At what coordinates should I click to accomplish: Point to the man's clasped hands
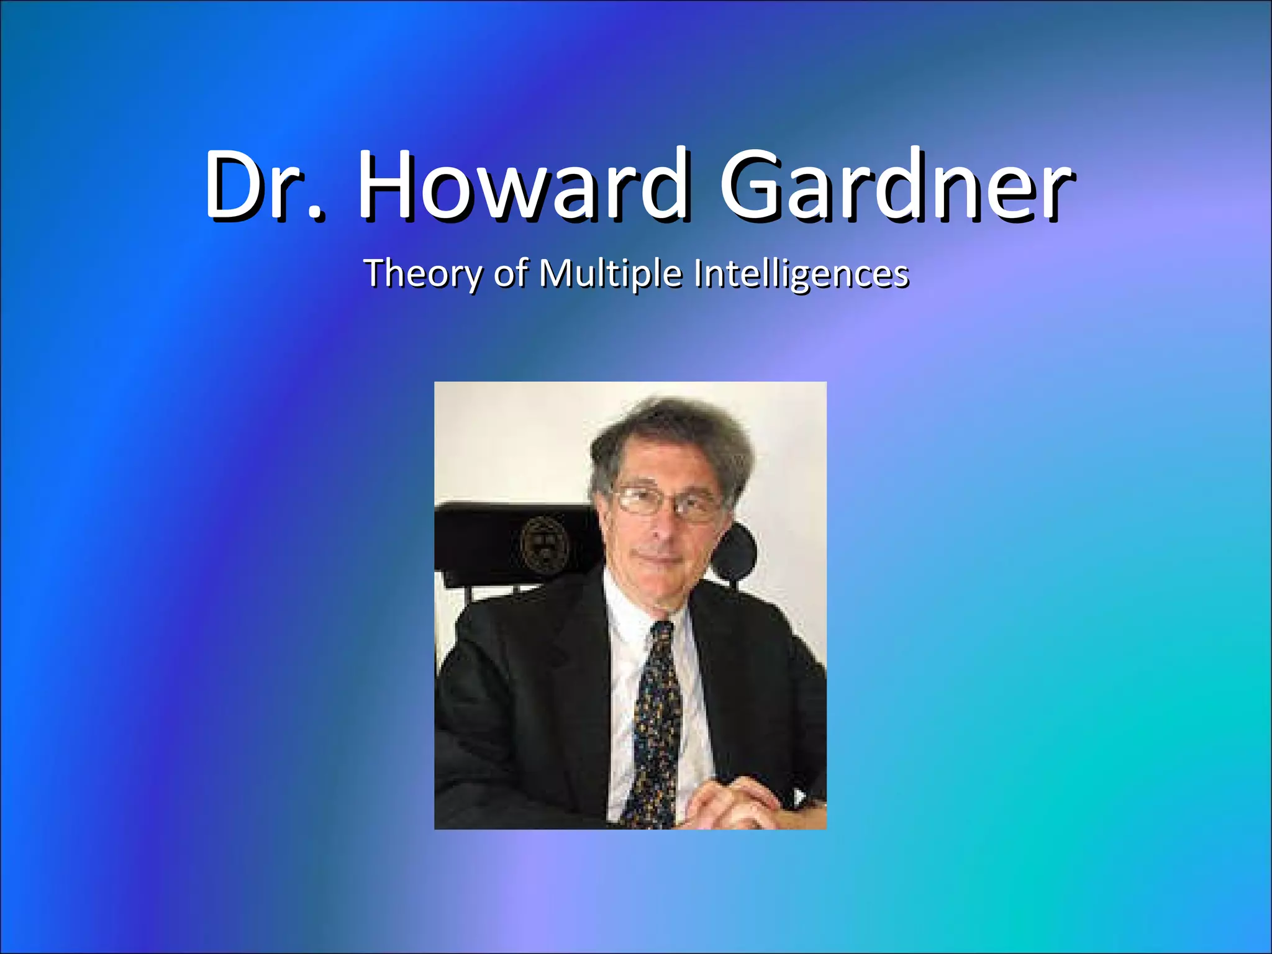733,801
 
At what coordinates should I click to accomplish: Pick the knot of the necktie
662,634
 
